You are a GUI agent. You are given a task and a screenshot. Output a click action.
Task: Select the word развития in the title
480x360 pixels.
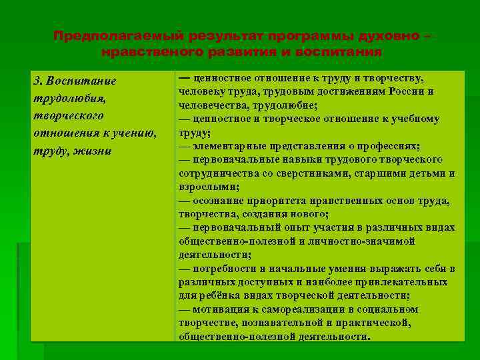(227, 51)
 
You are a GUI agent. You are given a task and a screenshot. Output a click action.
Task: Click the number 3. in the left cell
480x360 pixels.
(38, 81)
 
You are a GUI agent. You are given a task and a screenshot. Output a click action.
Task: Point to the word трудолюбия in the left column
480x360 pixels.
(65, 99)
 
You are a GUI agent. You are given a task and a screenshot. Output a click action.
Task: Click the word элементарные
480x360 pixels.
(225, 146)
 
